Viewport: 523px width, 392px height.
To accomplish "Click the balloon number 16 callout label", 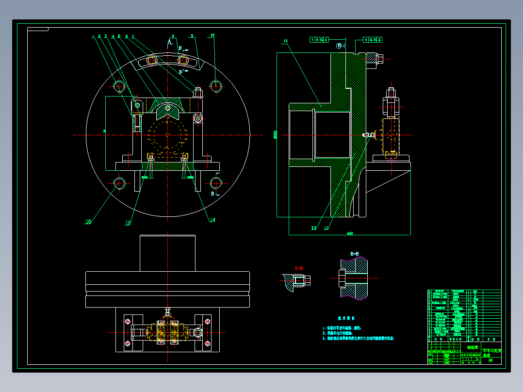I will tap(88, 222).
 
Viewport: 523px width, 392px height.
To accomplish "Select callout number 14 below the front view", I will tap(212, 220).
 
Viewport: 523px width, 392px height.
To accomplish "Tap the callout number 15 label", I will tap(128, 223).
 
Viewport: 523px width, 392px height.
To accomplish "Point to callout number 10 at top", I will tap(212, 35).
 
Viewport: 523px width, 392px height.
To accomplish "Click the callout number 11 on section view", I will tap(286, 41).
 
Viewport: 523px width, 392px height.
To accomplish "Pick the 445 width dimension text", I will tap(349, 233).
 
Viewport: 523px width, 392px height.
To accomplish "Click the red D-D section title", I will tap(299, 268).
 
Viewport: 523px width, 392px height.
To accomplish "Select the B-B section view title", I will tap(355, 254).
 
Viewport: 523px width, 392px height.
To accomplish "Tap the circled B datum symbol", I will tap(340, 46).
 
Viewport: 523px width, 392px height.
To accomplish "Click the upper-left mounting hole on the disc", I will tap(119, 86).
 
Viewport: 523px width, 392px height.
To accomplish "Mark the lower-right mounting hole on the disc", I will tap(216, 183).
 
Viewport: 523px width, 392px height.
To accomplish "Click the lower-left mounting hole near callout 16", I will tap(119, 183).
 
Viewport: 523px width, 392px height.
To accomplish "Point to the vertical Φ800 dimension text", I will tap(276, 135).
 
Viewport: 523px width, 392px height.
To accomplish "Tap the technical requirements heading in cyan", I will tap(346, 318).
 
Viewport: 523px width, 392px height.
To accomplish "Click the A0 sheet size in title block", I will tap(490, 360).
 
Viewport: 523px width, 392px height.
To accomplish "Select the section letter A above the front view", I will tap(169, 42).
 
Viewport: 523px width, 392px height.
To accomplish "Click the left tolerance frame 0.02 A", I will tap(319, 39).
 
